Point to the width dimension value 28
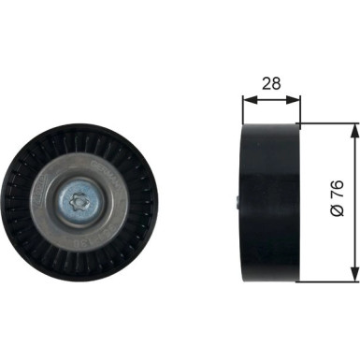pyautogui.click(x=271, y=82)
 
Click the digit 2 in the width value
pyautogui.click(x=266, y=82)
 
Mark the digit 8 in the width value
pyautogui.click(x=276, y=82)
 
